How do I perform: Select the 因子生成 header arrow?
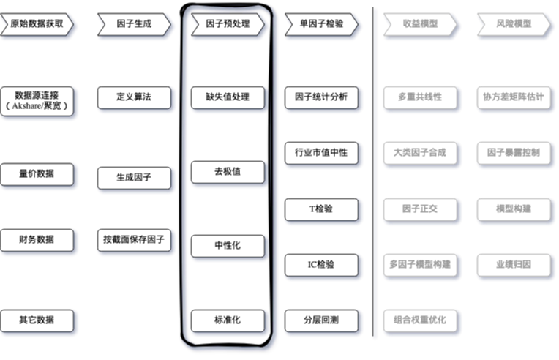click(134, 24)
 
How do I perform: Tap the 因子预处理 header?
click(228, 24)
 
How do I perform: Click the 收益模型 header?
click(420, 24)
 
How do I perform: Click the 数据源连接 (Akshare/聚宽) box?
click(37, 100)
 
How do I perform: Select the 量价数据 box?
click(37, 174)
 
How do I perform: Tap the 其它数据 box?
click(37, 320)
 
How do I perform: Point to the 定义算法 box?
click(134, 97)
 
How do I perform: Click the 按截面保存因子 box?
click(134, 239)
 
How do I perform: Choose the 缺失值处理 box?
click(228, 97)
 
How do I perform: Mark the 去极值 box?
click(228, 173)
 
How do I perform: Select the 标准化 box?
click(228, 320)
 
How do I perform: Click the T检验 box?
click(321, 209)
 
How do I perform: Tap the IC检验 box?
click(321, 264)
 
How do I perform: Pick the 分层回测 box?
click(321, 320)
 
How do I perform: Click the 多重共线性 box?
click(420, 97)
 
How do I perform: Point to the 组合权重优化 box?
click(420, 320)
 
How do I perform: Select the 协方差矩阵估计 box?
click(514, 97)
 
